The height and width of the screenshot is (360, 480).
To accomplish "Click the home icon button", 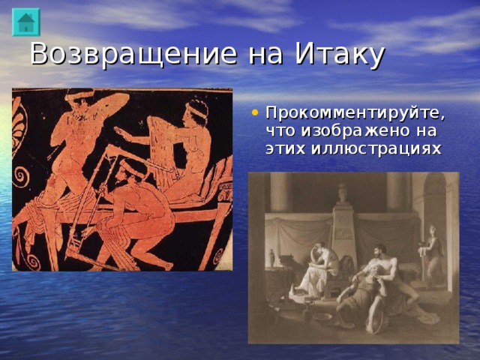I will (x=25, y=22).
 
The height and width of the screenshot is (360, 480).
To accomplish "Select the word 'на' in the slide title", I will (x=265, y=55).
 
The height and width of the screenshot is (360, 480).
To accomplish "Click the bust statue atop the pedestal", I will (x=342, y=193).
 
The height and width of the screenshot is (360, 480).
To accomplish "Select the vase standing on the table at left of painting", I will (x=271, y=257).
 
